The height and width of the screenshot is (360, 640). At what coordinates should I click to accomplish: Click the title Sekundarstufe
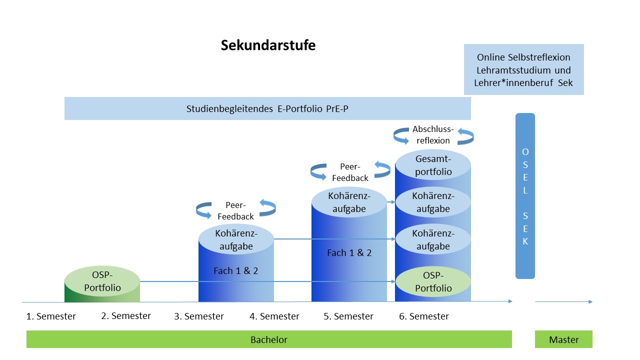click(x=268, y=45)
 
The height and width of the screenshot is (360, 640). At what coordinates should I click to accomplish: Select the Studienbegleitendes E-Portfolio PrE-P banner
click(x=267, y=108)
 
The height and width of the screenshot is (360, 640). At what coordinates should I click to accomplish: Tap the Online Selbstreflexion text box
click(x=523, y=69)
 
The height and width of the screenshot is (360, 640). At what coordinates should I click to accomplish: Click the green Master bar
click(x=563, y=339)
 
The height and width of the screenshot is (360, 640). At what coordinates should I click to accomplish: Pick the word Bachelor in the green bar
click(x=269, y=339)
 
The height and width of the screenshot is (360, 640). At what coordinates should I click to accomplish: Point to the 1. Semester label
click(x=51, y=316)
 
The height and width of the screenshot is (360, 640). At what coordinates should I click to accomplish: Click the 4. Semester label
click(x=274, y=316)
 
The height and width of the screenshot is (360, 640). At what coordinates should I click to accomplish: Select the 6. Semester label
click(x=423, y=316)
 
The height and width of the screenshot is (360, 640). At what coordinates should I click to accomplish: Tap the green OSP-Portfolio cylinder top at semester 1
click(x=102, y=281)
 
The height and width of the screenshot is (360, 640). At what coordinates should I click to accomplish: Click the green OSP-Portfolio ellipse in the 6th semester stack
click(x=433, y=281)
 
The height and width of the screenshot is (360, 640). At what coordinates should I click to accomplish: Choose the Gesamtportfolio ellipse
click(x=433, y=165)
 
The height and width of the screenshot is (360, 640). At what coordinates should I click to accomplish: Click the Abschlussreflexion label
click(x=433, y=134)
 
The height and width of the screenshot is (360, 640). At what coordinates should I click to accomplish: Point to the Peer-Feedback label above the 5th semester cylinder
click(x=350, y=172)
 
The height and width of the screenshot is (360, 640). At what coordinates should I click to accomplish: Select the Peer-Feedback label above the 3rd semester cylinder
click(x=235, y=210)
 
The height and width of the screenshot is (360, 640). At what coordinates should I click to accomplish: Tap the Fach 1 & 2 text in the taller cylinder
click(x=349, y=253)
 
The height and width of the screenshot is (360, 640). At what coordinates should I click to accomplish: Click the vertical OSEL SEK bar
click(x=525, y=196)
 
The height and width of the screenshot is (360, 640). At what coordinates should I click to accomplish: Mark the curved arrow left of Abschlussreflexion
click(x=401, y=135)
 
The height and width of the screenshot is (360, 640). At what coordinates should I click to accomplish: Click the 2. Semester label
click(x=125, y=316)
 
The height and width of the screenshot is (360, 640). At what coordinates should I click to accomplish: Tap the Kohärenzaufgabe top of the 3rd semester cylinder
click(x=236, y=239)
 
